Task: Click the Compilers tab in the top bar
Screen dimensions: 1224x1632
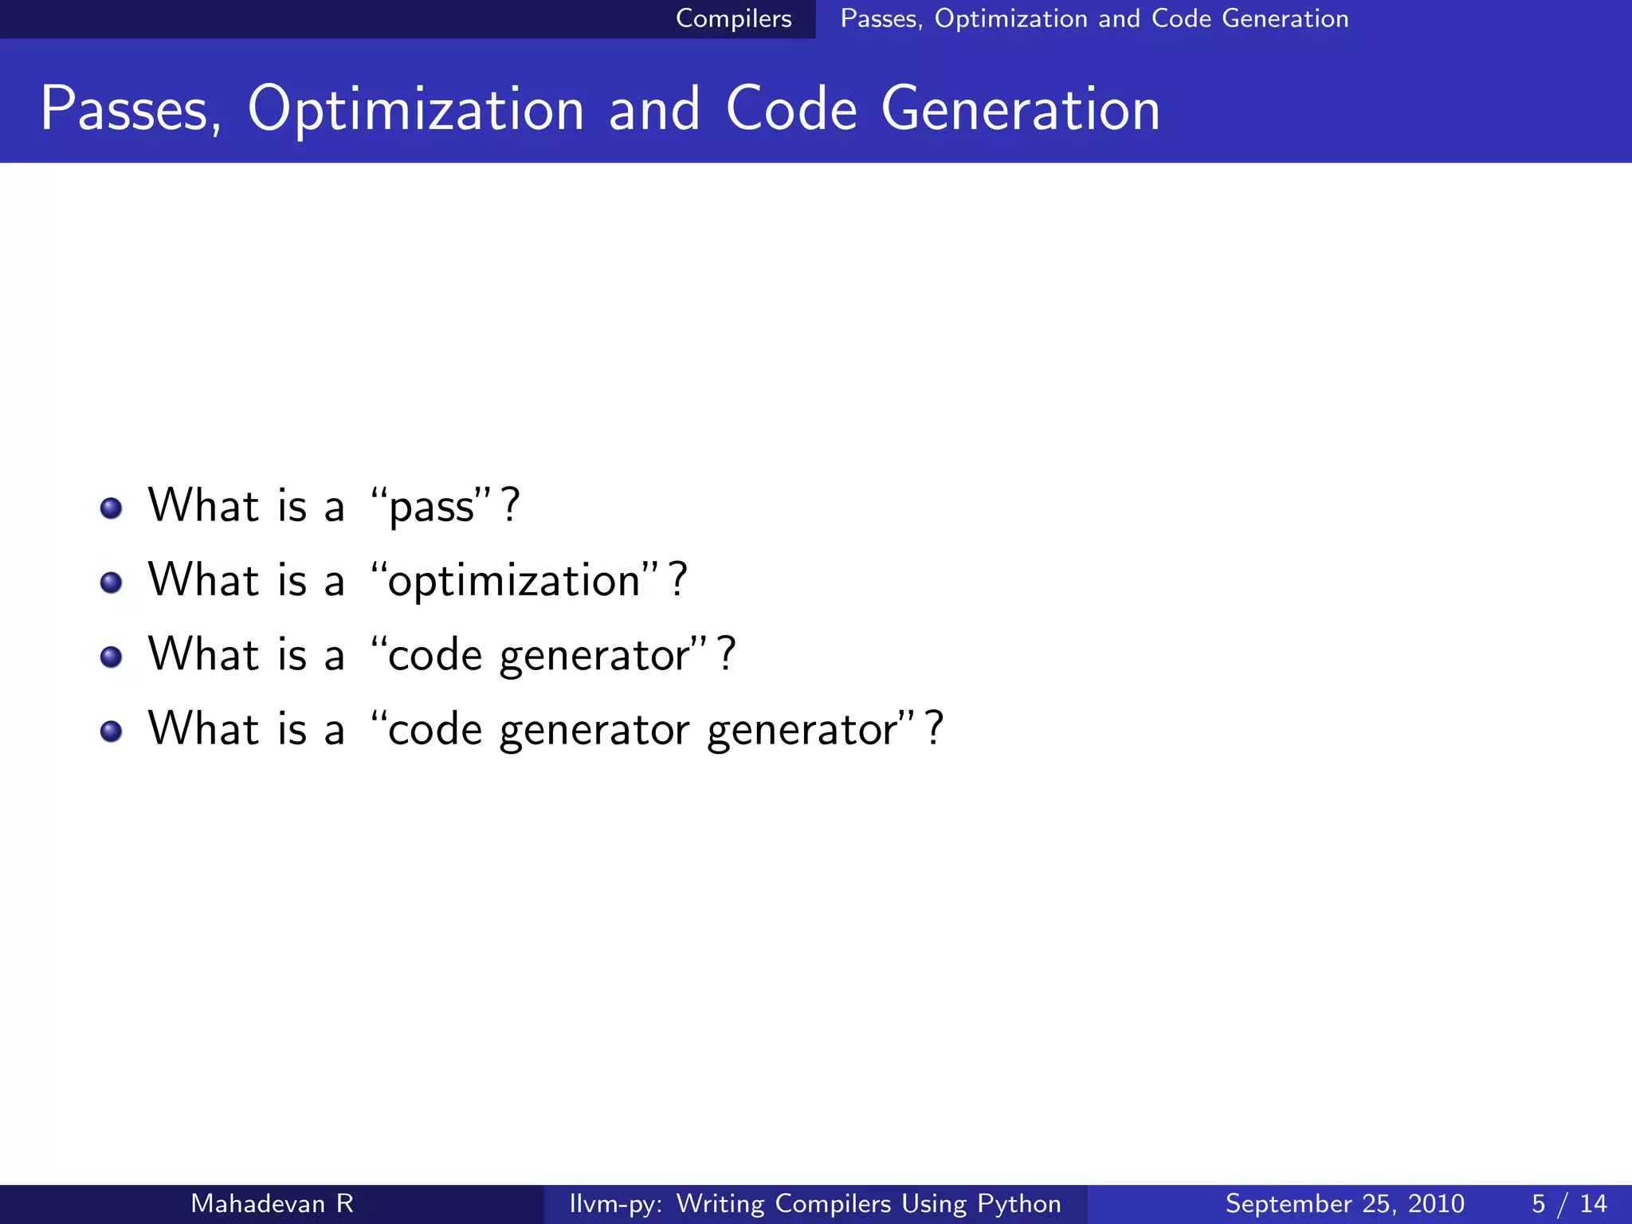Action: [733, 18]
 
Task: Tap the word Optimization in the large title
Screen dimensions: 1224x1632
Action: [416, 109]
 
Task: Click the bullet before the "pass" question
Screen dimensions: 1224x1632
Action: [112, 508]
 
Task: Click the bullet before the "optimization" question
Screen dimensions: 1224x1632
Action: [112, 583]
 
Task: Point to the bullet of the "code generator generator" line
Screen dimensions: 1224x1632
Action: [112, 731]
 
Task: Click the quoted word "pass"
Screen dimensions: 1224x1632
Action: [431, 508]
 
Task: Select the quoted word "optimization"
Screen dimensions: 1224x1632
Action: [514, 581]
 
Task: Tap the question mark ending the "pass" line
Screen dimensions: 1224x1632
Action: [511, 505]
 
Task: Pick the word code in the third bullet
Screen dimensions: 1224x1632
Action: [435, 655]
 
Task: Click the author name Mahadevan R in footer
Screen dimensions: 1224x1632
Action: [272, 1203]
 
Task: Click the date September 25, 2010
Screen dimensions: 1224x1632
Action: [1344, 1203]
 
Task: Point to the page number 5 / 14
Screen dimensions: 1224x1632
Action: [1568, 1203]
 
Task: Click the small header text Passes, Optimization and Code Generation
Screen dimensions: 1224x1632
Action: [1094, 18]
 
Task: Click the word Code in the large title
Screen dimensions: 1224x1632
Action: [790, 109]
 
